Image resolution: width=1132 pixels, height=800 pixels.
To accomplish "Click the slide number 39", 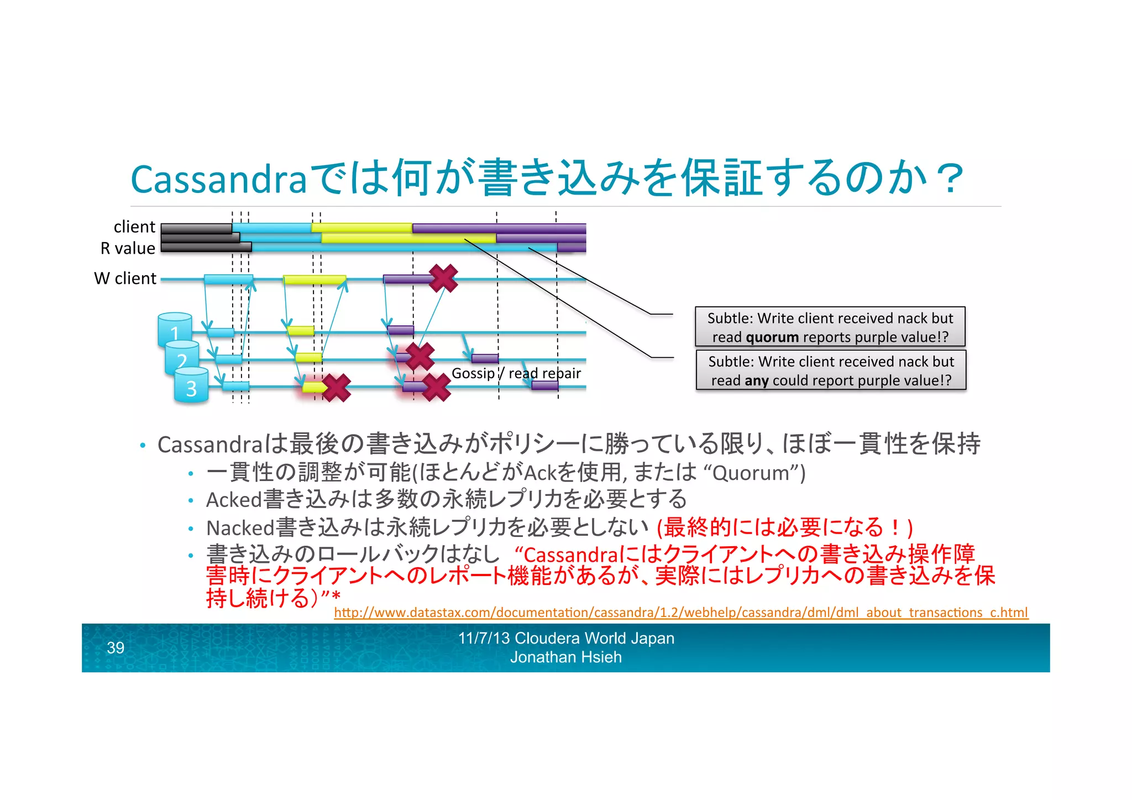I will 116,647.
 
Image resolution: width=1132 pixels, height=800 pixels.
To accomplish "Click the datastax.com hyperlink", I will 680,613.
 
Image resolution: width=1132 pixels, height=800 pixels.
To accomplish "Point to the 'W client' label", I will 125,278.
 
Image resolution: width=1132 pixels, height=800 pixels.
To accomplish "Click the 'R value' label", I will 128,248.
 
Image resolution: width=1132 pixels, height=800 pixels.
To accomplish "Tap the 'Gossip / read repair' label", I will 516,373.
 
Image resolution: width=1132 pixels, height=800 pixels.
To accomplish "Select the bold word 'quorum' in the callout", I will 772,337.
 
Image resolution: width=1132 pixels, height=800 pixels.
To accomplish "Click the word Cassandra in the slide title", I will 218,180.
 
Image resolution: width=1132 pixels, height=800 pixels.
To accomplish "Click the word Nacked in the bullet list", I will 240,527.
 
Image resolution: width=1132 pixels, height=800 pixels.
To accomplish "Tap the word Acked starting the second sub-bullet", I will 234,500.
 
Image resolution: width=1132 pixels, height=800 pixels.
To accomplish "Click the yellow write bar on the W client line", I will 315,280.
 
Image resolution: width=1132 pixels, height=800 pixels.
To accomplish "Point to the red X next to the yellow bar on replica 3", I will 337,387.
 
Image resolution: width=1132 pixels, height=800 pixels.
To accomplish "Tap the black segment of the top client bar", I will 196,228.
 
